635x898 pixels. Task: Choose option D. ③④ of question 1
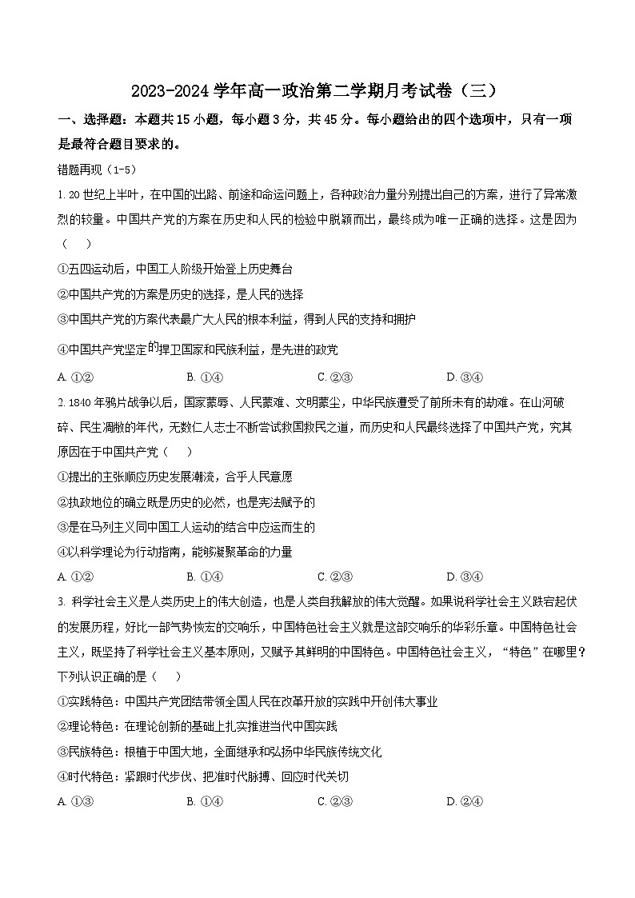466,377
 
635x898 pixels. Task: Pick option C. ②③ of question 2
335,577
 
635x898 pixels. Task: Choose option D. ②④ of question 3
466,801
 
